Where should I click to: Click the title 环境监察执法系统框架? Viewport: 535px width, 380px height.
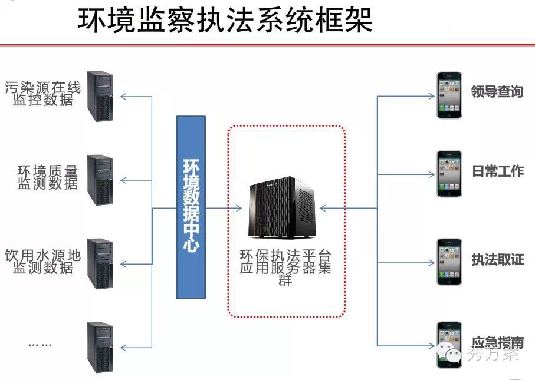(225, 19)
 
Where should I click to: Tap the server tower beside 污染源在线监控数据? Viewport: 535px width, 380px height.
(100, 96)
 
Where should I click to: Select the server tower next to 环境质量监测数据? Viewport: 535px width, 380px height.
(100, 180)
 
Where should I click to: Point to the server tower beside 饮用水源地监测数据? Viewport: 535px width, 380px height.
(100, 263)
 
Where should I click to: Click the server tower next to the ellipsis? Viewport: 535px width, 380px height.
(100, 347)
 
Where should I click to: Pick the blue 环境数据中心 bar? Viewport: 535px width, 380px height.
(191, 207)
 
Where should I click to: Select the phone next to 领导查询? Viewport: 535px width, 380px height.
(449, 95)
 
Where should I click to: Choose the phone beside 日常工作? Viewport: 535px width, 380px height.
(449, 173)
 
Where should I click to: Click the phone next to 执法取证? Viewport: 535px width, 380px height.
(449, 262)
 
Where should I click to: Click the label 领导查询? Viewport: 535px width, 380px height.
(497, 91)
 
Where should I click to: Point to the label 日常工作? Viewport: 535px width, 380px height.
(498, 171)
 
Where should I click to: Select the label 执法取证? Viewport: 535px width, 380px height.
(498, 259)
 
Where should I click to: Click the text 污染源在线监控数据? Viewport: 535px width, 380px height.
(43, 94)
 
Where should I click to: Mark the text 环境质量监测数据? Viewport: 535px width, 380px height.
(48, 177)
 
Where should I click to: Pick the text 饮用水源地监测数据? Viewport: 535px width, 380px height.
(43, 261)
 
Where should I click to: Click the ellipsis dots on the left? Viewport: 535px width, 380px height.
(40, 344)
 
